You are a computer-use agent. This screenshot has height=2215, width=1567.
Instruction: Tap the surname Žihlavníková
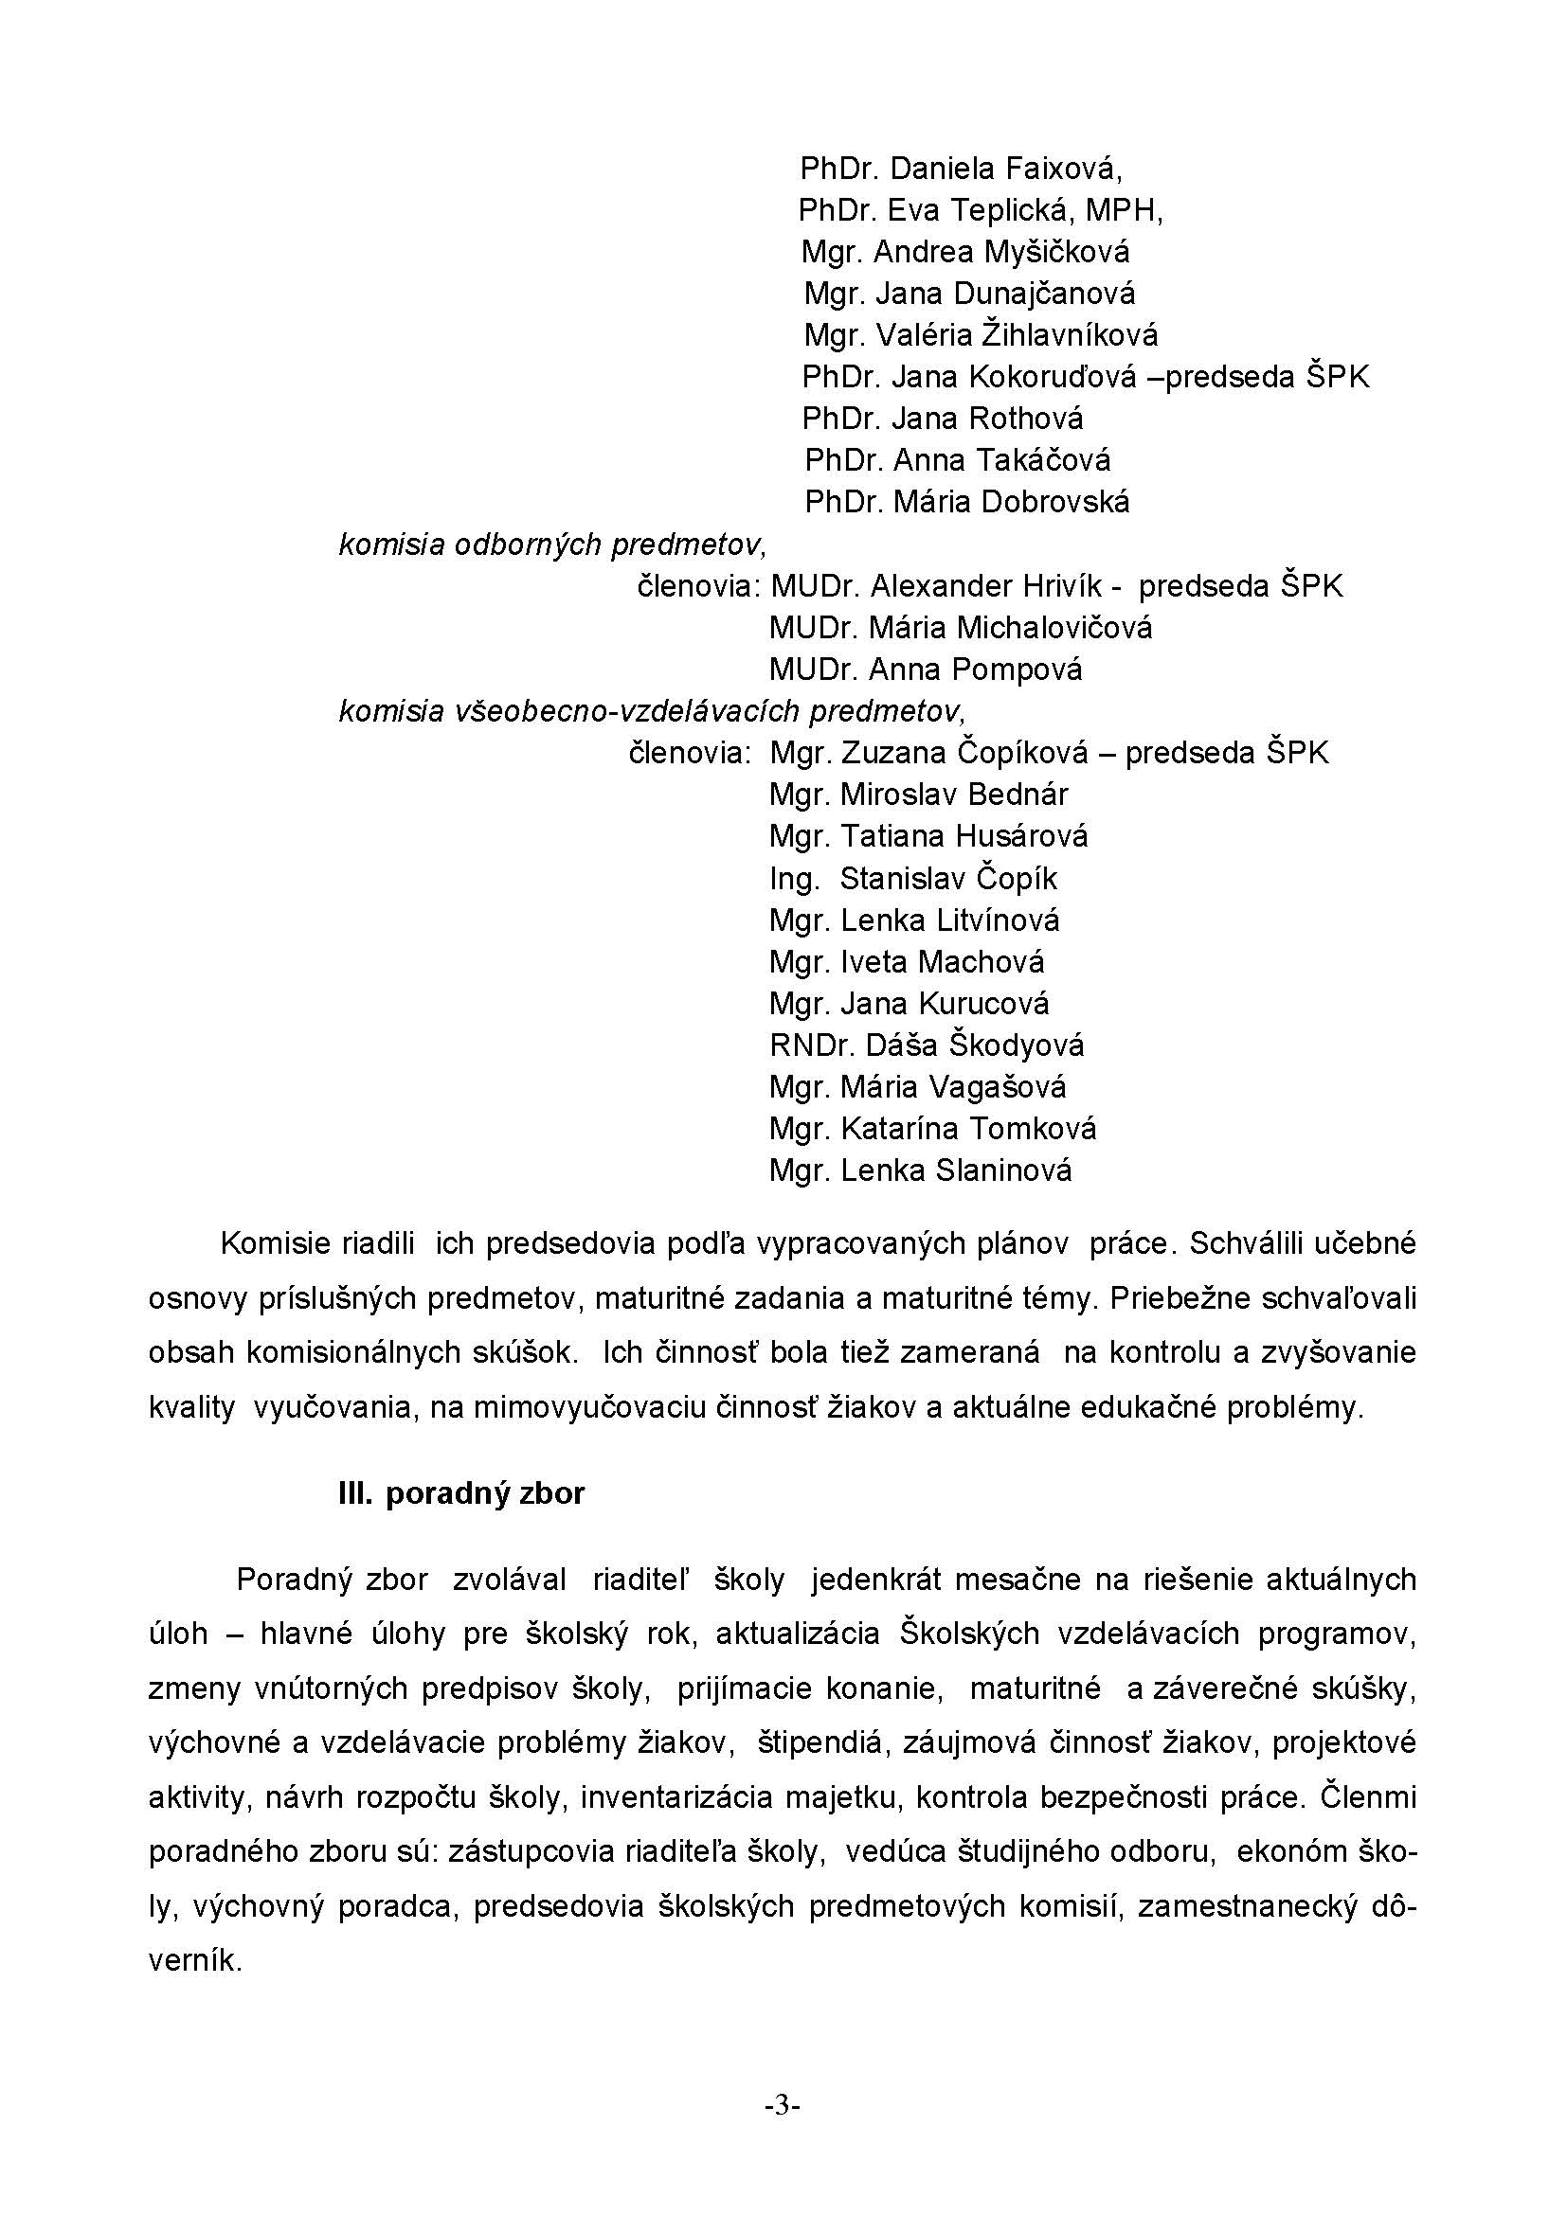click(1069, 336)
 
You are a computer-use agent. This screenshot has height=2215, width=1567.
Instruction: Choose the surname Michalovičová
click(1054, 628)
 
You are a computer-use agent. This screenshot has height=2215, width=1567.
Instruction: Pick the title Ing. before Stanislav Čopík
click(794, 879)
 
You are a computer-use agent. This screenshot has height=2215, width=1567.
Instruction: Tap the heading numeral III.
click(355, 1494)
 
